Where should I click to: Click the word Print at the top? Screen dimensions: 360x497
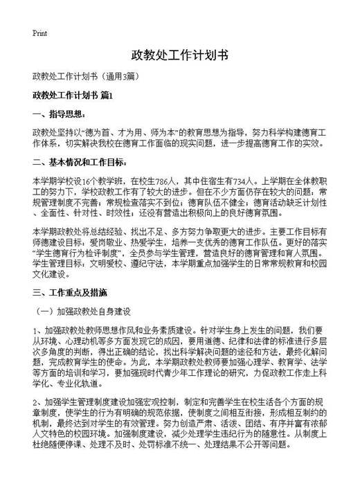pos(39,33)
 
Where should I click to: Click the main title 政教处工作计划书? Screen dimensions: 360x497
pos(179,55)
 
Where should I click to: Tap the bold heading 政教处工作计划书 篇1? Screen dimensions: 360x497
pos(77,94)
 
